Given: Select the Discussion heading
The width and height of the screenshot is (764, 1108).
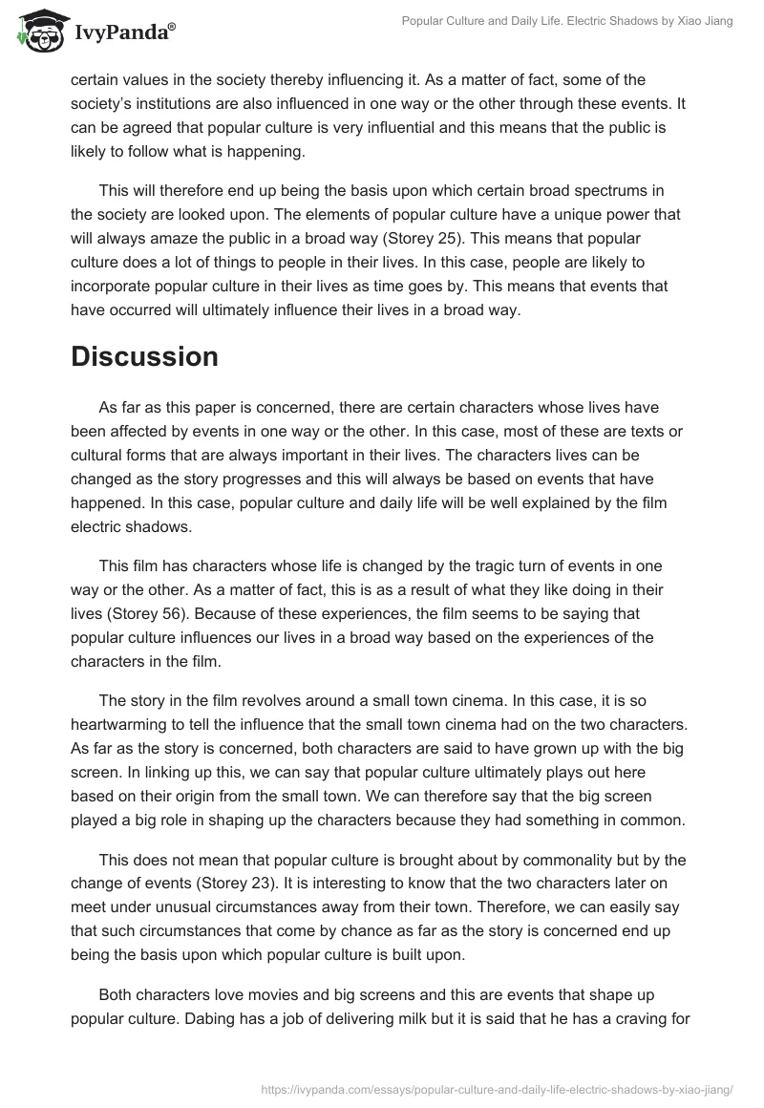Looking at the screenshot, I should [x=144, y=356].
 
